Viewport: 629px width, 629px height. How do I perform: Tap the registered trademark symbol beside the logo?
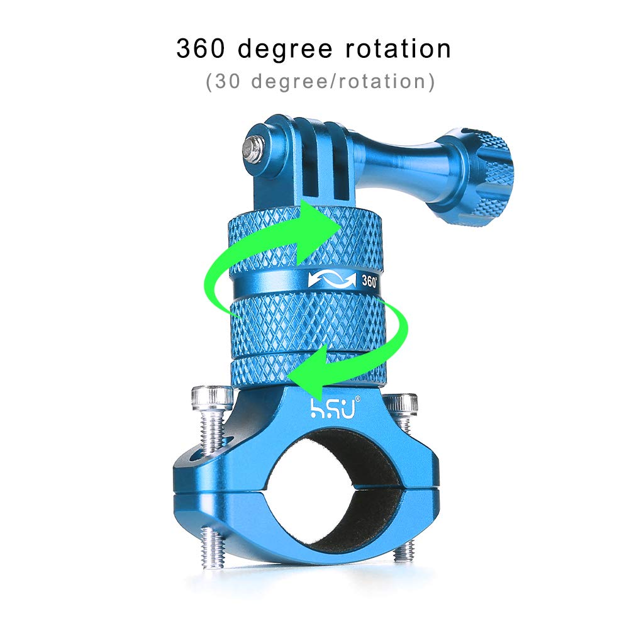358,399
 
